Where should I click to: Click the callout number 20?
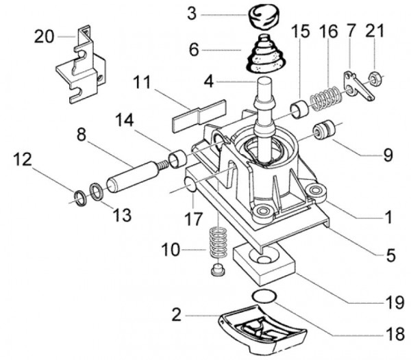pyautogui.click(x=44, y=36)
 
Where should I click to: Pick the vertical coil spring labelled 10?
pyautogui.click(x=219, y=243)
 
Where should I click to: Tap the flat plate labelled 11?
pyautogui.click(x=199, y=116)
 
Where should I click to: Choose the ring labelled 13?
pyautogui.click(x=97, y=192)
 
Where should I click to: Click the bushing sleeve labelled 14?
pyautogui.click(x=177, y=158)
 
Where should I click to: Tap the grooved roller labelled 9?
pyautogui.click(x=325, y=129)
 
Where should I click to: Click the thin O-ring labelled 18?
pyautogui.click(x=264, y=296)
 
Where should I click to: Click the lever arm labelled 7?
pyautogui.click(x=358, y=86)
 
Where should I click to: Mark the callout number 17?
pyautogui.click(x=193, y=218)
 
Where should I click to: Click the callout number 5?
pyautogui.click(x=390, y=255)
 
